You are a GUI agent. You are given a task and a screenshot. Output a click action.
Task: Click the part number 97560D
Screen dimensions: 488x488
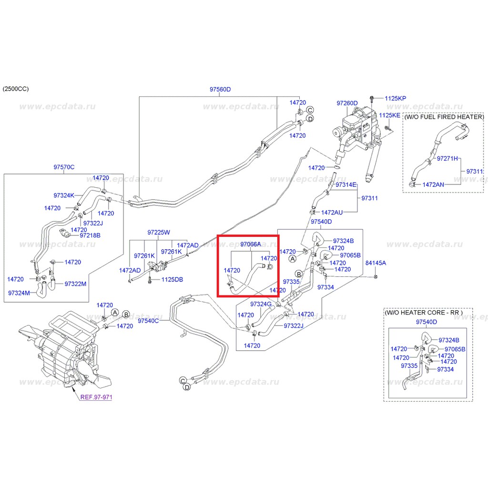[220, 89]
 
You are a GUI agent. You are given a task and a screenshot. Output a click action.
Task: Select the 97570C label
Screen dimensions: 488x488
[64, 167]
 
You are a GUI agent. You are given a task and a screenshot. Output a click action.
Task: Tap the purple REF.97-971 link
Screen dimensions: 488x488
[96, 397]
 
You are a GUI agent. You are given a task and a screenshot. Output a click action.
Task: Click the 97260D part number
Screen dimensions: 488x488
[347, 103]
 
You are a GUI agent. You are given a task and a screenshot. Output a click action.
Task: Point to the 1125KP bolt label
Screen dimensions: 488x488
[395, 98]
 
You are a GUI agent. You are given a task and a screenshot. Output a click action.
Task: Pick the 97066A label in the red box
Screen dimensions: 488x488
[251, 244]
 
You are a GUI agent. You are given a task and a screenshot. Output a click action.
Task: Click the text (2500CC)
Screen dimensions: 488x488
[16, 89]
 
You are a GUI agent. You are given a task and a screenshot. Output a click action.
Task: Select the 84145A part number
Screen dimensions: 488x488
[376, 263]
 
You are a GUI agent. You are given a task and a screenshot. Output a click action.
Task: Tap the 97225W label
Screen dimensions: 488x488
[159, 233]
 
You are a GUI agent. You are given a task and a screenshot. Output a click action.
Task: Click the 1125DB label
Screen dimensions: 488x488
[172, 279]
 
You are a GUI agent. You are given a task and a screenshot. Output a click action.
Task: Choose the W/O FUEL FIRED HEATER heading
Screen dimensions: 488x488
[444, 117]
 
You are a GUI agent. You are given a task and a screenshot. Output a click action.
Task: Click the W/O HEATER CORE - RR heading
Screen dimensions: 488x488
[424, 313]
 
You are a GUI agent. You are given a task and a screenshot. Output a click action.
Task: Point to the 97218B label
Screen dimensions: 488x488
[90, 235]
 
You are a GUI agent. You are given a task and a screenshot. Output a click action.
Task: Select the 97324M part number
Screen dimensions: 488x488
[19, 293]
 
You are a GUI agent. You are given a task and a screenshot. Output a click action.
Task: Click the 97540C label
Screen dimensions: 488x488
[148, 321]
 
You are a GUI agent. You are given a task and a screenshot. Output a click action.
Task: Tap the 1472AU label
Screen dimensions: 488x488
[332, 213]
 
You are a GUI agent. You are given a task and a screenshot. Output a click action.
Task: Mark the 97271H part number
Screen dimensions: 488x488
[447, 158]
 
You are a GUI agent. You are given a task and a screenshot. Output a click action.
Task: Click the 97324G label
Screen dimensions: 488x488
[261, 304]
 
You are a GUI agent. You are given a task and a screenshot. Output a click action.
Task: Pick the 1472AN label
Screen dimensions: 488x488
[433, 184]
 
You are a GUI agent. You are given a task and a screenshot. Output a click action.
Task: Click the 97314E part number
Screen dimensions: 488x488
[346, 185]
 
